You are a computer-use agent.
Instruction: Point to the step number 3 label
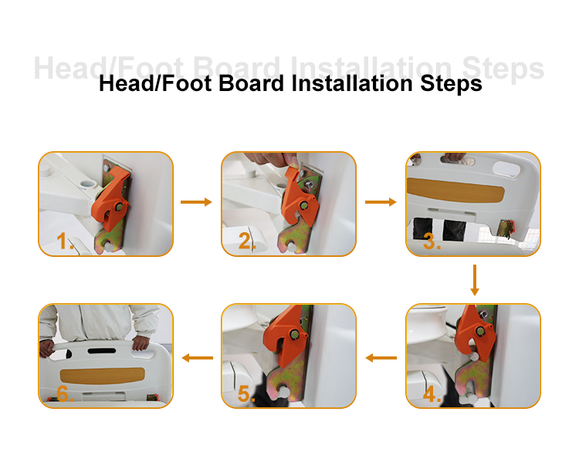(x=432, y=243)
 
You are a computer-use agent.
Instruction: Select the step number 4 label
(x=432, y=396)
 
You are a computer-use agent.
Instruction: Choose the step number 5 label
(x=247, y=396)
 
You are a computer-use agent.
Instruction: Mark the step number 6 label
(x=65, y=396)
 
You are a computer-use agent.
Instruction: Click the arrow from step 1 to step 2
(x=196, y=202)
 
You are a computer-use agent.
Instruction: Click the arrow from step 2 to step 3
(x=381, y=202)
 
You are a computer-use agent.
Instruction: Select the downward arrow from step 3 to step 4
(x=475, y=280)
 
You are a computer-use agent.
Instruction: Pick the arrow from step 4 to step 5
(x=381, y=357)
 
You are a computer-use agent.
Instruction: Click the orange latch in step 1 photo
(x=112, y=197)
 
